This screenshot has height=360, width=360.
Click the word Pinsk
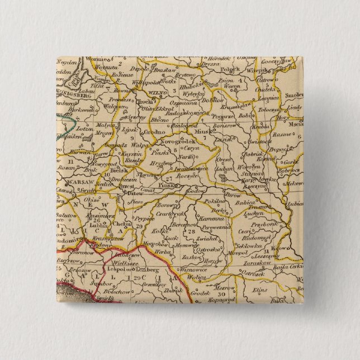(165, 182)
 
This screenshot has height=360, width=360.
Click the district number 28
(192, 230)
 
